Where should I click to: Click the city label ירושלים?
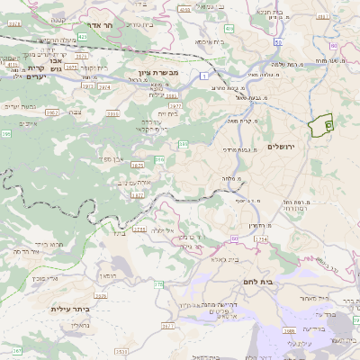click(x=282, y=147)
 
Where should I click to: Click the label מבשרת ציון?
click(x=148, y=73)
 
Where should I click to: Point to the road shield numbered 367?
click(x=17, y=350)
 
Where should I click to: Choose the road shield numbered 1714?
click(x=261, y=238)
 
